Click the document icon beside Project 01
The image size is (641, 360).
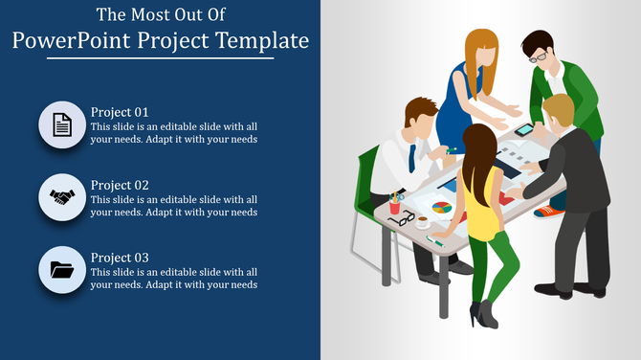62,124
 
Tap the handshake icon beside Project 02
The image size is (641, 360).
62,197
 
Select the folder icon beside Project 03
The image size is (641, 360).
62,270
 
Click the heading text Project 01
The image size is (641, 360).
120,111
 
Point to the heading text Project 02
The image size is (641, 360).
120,185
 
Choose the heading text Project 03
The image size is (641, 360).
120,258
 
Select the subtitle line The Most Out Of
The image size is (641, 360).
160,15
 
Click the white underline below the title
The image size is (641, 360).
160,58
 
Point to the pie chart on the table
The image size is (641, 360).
442,207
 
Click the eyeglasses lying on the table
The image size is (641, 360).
401,218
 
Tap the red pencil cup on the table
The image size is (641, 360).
394,205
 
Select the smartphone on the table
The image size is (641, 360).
523,130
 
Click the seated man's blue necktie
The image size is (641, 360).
412,156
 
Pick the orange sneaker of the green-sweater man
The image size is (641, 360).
548,211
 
